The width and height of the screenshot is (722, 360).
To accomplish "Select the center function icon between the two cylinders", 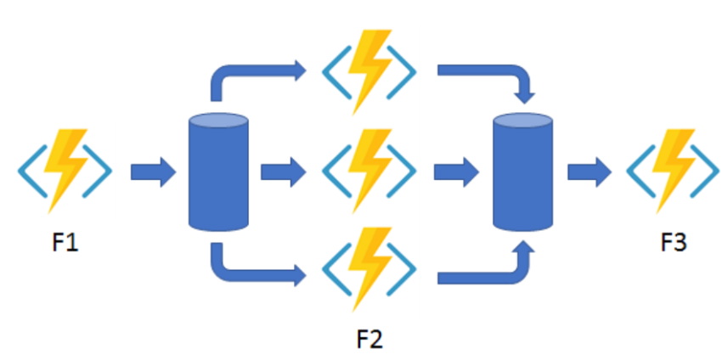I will (x=369, y=171).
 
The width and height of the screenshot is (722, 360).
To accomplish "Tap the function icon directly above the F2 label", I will (x=369, y=270).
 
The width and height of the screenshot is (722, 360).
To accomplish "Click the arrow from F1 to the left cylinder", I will (x=152, y=172).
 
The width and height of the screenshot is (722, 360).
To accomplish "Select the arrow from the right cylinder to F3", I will (x=589, y=172).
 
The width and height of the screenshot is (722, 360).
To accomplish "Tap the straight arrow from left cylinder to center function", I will (x=281, y=172).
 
